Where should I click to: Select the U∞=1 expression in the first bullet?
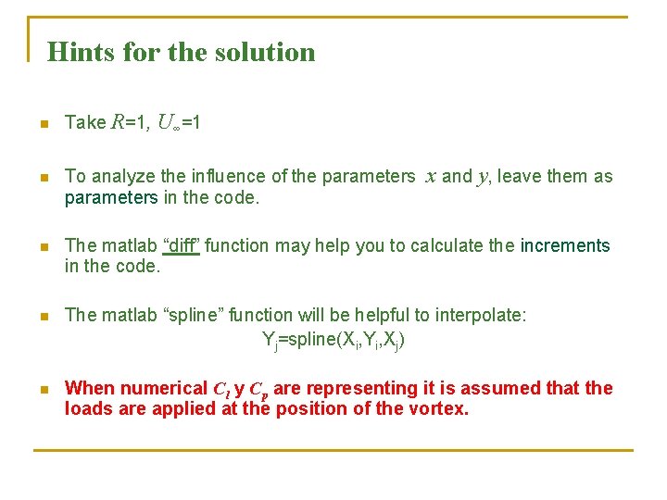[179, 122]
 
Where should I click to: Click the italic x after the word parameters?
[430, 176]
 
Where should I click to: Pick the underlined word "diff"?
[182, 245]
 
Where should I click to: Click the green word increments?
[565, 245]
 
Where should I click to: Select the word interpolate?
[481, 315]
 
